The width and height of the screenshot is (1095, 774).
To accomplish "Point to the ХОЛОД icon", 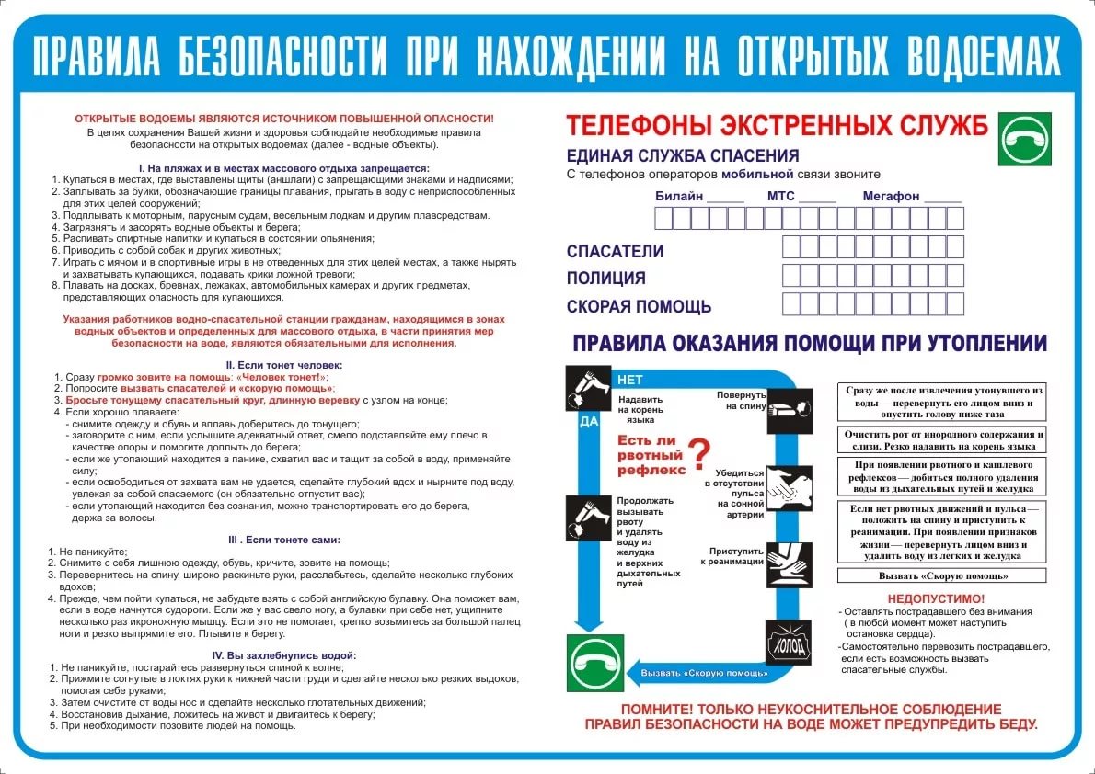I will (x=790, y=642).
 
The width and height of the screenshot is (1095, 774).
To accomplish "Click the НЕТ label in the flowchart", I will (x=630, y=380).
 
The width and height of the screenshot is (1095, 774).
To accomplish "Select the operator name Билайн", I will (x=679, y=197).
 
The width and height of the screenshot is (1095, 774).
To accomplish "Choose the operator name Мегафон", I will (x=891, y=197).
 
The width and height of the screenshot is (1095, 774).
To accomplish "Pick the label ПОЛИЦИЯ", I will (x=606, y=279).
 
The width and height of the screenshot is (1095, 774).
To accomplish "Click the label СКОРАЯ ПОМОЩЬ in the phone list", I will (x=639, y=307).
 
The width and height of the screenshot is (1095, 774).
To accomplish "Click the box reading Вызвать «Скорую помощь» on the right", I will (x=942, y=576).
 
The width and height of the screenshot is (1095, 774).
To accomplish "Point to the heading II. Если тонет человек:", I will (x=283, y=365).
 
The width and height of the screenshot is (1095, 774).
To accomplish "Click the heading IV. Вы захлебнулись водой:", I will (x=283, y=655).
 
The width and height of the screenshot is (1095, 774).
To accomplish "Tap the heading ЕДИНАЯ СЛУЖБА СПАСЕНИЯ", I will (x=682, y=156).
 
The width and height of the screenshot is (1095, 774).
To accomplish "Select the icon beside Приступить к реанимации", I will (x=789, y=558).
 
